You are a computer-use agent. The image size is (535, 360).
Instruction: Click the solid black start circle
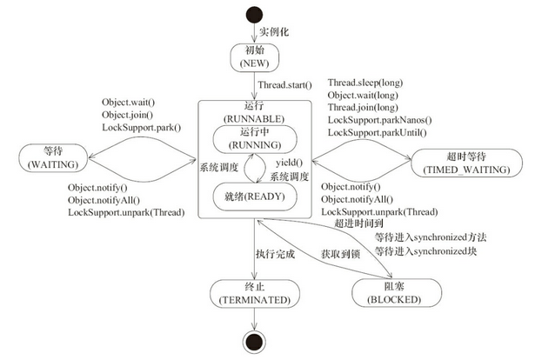coord(256,15)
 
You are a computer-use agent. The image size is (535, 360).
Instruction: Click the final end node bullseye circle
coord(256,340)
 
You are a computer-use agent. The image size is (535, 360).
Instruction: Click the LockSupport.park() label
coord(142,128)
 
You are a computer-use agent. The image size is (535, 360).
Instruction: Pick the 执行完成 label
coord(276,253)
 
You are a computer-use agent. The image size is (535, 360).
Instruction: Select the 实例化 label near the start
coord(277,32)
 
